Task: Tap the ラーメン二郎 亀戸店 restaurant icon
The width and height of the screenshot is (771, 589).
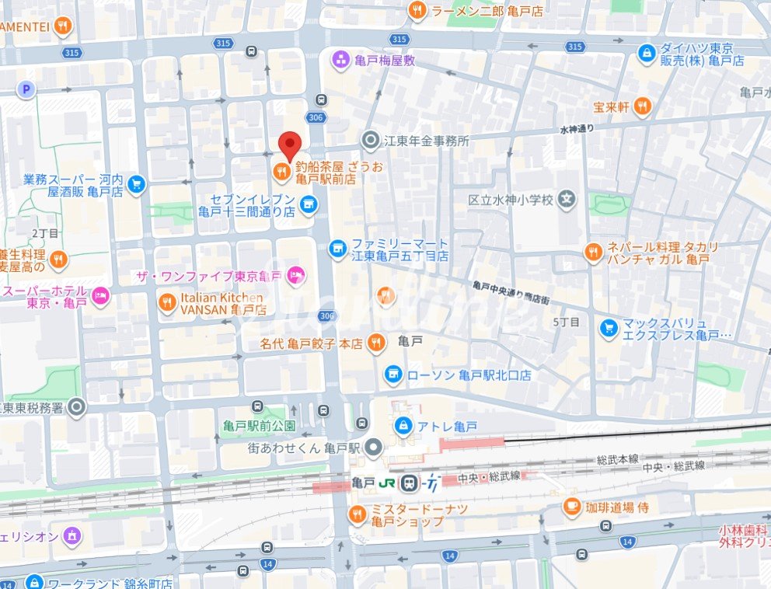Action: (x=417, y=10)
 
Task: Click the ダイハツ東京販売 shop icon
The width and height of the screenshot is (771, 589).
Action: (x=646, y=53)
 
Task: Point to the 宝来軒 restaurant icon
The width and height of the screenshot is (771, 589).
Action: (x=642, y=106)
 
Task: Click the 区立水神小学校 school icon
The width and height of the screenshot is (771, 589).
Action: (x=569, y=200)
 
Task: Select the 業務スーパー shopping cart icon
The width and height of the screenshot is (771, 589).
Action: (x=137, y=184)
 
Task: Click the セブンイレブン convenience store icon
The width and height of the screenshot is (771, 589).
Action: (x=309, y=204)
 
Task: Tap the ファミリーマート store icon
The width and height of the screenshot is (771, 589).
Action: (x=337, y=248)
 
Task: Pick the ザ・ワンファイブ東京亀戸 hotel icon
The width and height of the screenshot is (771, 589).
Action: (x=295, y=274)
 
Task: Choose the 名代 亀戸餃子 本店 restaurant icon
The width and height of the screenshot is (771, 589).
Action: (x=376, y=342)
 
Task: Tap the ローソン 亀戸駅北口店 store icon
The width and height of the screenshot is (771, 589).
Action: (x=394, y=375)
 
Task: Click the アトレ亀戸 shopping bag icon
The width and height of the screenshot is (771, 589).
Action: (x=403, y=425)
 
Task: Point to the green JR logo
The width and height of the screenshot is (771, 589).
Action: (x=386, y=483)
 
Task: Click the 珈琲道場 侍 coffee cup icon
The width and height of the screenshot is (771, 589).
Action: (x=571, y=507)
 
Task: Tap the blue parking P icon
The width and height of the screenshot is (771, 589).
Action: (x=27, y=90)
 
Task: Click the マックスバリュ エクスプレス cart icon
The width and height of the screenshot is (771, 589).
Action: (x=609, y=329)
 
